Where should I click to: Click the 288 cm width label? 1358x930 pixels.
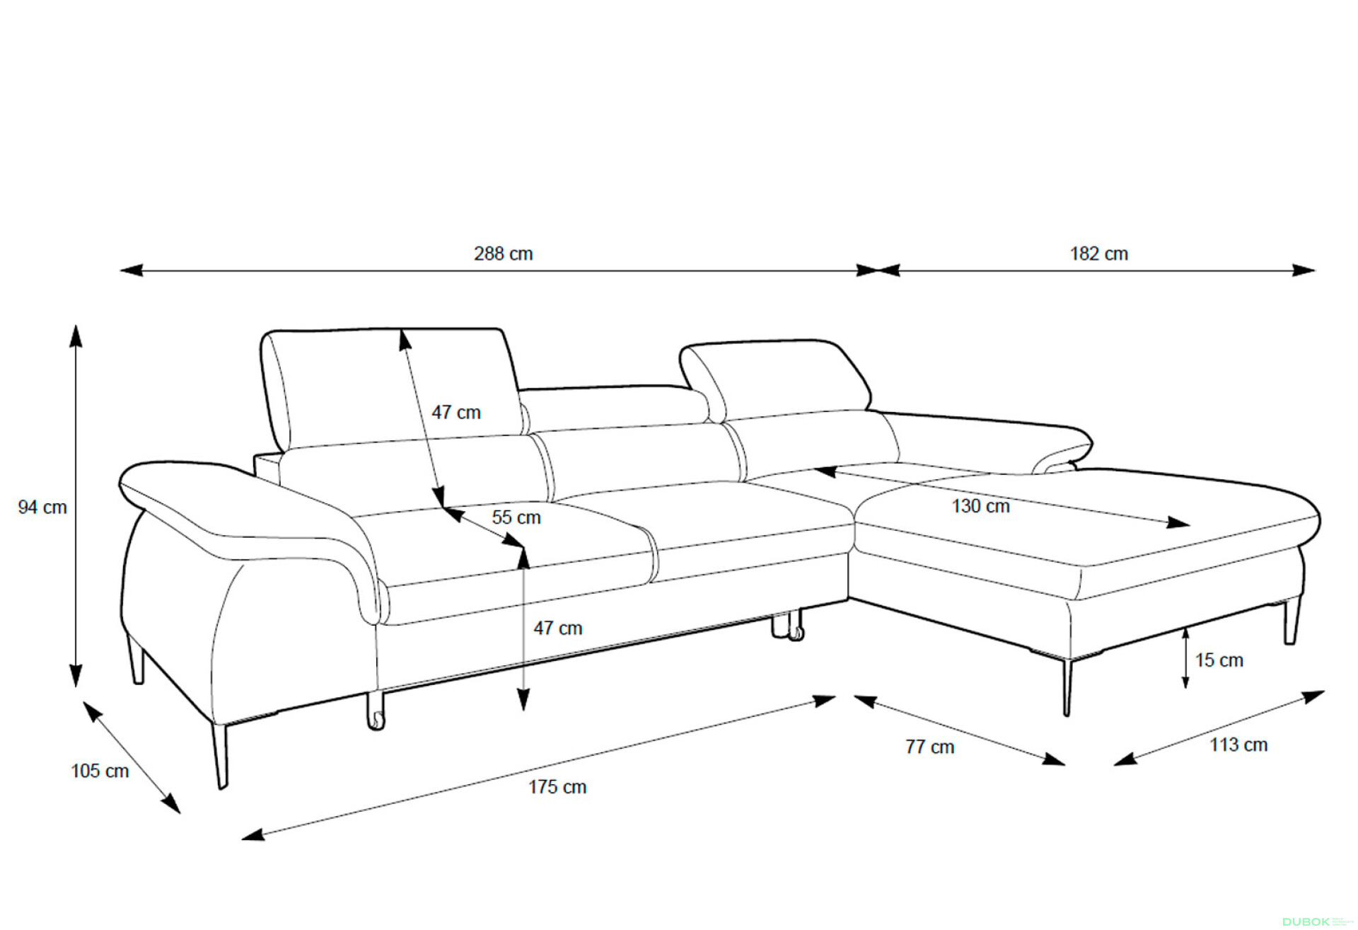tap(503, 253)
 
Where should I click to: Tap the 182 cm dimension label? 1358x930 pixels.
tap(1098, 253)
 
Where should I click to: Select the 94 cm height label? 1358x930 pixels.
tap(42, 507)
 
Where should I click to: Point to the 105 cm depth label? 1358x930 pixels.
tap(100, 771)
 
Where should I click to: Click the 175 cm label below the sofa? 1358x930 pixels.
tap(557, 787)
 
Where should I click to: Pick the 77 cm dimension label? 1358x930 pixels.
tap(930, 747)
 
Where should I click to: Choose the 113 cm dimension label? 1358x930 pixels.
tap(1238, 745)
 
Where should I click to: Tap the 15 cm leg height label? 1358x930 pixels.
tap(1219, 660)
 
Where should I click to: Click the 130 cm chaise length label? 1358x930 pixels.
tap(980, 506)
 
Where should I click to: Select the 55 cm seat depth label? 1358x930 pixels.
tap(516, 517)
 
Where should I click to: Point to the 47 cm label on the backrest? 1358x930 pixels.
tap(456, 412)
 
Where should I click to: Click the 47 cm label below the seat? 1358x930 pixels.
tap(558, 628)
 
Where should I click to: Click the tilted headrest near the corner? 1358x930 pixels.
tap(774, 379)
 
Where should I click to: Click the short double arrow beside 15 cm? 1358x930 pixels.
tap(1185, 658)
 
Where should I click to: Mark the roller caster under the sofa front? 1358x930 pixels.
tap(376, 711)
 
